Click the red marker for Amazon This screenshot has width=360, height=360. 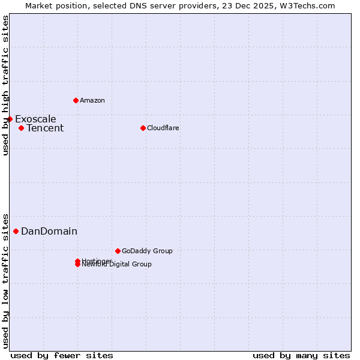[x=76, y=100]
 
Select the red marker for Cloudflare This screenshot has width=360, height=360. [x=143, y=128]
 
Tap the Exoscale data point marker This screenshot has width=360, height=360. [x=10, y=119]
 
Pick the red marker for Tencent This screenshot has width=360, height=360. [x=21, y=128]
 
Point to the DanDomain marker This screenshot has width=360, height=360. [x=16, y=231]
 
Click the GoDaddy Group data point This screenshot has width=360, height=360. [x=118, y=251]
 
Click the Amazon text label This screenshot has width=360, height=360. [x=92, y=100]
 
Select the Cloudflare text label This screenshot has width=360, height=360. [x=163, y=128]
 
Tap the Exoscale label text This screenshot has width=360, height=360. [x=35, y=119]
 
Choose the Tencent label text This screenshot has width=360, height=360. [x=45, y=128]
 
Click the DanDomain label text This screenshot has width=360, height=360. [x=49, y=231]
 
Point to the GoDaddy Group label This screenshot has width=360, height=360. [x=147, y=251]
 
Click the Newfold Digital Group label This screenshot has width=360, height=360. [x=118, y=265]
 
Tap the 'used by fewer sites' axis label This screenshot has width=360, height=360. [x=62, y=355]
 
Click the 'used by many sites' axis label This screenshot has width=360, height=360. [x=301, y=355]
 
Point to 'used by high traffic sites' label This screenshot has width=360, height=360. [x=5, y=85]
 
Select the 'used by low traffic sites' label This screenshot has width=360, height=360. [x=5, y=280]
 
